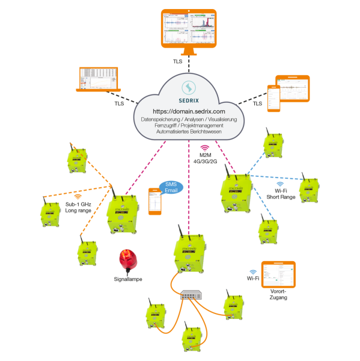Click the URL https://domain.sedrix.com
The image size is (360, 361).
tap(189, 112)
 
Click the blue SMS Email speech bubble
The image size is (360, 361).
tap(170, 188)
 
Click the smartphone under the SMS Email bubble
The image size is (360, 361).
tap(156, 202)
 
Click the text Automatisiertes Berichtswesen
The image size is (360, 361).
tap(189, 132)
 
